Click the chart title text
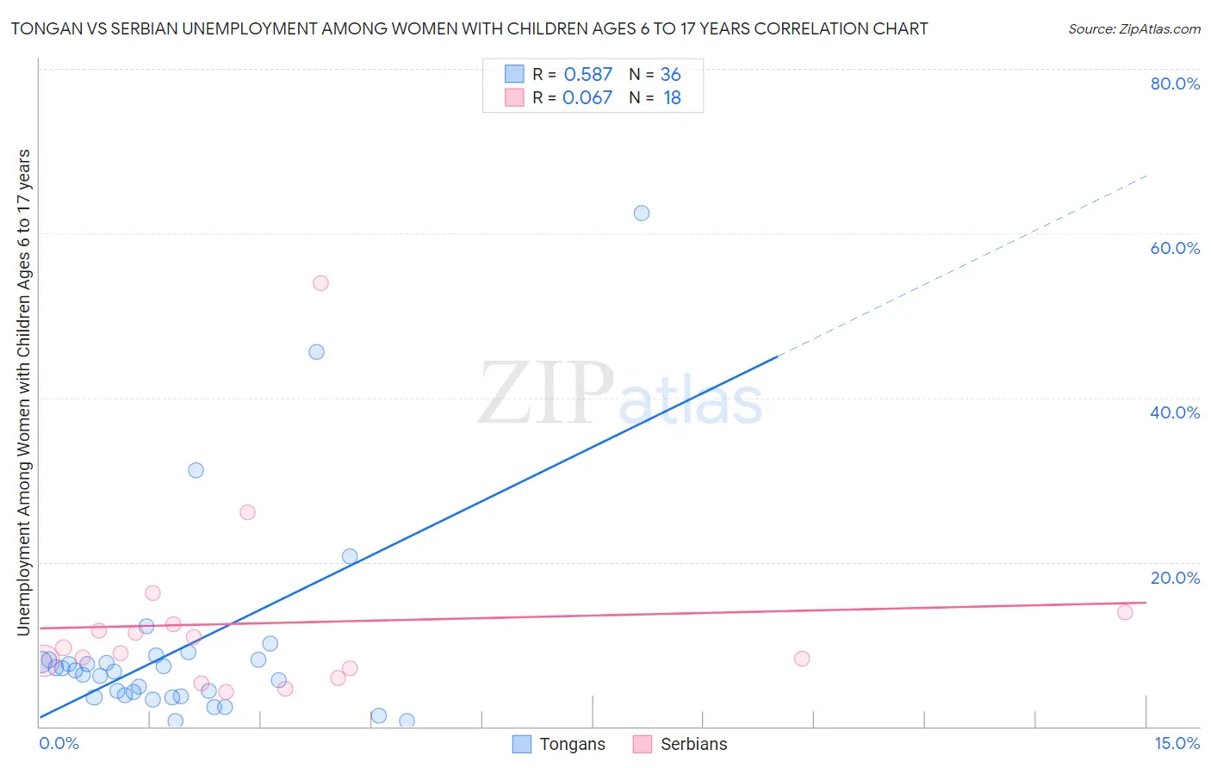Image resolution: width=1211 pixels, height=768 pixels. [x=469, y=28]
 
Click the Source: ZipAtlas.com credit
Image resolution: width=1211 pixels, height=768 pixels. [x=1133, y=28]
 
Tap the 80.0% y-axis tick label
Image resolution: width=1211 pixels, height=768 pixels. [x=1174, y=84]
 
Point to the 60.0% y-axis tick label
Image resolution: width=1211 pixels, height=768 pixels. [x=1174, y=248]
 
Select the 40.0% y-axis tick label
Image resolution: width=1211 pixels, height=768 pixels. [x=1174, y=412]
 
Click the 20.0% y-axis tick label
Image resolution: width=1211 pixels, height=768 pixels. [x=1174, y=578]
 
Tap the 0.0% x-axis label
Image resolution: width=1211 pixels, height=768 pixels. [x=59, y=743]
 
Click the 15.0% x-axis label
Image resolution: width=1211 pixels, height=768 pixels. [x=1177, y=743]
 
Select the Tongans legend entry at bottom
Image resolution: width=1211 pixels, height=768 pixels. [x=560, y=744]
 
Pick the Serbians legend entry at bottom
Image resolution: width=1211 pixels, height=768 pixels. [x=680, y=744]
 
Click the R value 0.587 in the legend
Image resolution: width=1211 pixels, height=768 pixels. [x=587, y=75]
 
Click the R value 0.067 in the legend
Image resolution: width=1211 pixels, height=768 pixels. [x=587, y=98]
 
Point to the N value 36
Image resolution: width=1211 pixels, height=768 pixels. [x=670, y=75]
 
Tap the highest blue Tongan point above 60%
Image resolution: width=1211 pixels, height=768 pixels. [x=642, y=213]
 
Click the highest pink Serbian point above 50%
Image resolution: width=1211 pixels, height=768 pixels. [x=320, y=282]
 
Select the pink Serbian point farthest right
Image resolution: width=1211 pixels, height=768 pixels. [x=1124, y=612]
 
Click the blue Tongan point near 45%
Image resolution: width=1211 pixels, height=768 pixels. [x=316, y=351]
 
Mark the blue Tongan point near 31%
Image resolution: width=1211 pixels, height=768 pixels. [x=196, y=470]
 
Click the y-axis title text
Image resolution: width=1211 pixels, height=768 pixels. [x=23, y=392]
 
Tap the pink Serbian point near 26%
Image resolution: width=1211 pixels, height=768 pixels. [x=247, y=512]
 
